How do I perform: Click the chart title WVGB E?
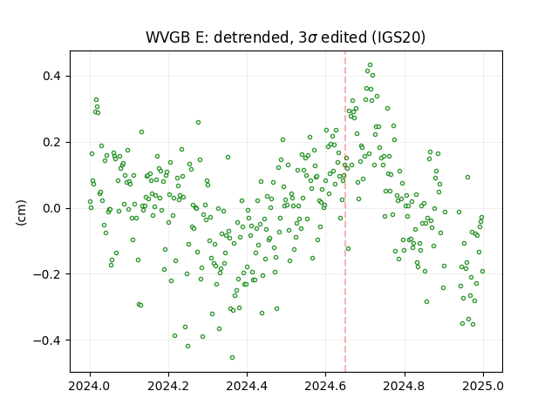point(177,37)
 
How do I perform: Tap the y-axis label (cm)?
point(21,212)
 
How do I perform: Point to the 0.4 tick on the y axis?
point(51,76)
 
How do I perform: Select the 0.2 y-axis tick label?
point(51,142)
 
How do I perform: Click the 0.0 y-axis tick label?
point(51,208)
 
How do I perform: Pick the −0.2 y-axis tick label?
point(47,274)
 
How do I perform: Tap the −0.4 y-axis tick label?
point(47,340)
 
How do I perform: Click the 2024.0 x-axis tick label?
point(90,386)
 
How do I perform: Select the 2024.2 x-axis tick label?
point(168,386)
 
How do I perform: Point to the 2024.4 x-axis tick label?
point(247,386)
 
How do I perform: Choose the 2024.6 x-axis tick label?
point(325,386)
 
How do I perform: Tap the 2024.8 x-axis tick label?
point(405,386)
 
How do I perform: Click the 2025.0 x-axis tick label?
point(483,386)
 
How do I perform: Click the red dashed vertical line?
point(345,212)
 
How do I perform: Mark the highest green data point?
point(370,65)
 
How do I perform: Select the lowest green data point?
point(233,358)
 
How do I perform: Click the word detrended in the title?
point(254,37)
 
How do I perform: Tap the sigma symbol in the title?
point(312,38)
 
